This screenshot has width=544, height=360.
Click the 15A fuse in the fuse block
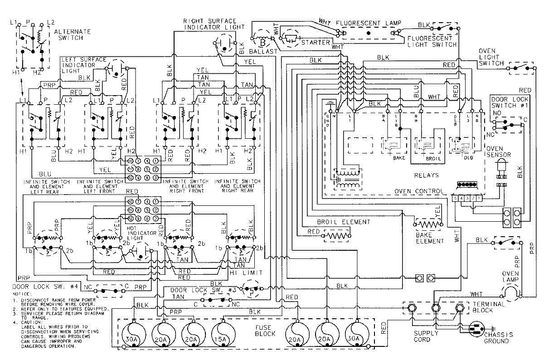pyautogui.click(x=222, y=334)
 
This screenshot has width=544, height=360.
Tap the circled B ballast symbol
pyautogui.click(x=262, y=42)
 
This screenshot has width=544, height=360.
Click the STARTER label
pyautogui.click(x=315, y=42)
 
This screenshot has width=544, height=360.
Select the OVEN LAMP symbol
pyautogui.click(x=511, y=292)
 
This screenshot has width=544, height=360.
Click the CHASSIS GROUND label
pyautogui.click(x=498, y=338)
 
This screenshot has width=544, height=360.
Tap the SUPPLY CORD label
pyautogui.click(x=425, y=336)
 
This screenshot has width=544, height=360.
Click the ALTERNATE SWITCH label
pyautogui.click(x=72, y=35)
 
